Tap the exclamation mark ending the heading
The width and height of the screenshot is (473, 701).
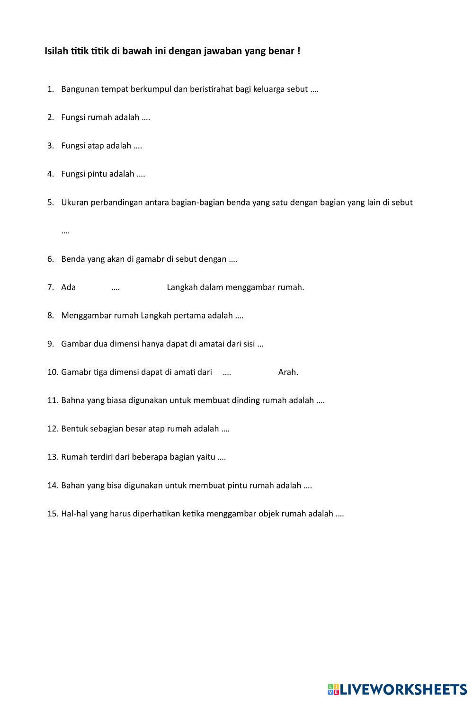(x=299, y=51)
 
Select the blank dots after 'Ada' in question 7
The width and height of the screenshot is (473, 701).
(x=116, y=288)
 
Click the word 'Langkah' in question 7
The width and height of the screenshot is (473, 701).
(x=182, y=287)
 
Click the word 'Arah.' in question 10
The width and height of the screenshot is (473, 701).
(x=288, y=372)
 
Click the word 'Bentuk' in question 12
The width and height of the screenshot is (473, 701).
(x=74, y=429)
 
